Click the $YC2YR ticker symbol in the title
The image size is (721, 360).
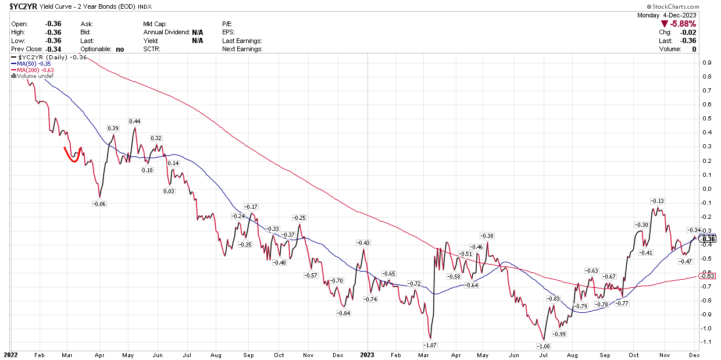pyautogui.click(x=19, y=6)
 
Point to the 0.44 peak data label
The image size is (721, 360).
pyautogui.click(x=135, y=122)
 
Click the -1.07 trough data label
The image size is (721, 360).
pyautogui.click(x=429, y=345)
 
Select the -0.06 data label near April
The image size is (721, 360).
pyautogui.click(x=99, y=204)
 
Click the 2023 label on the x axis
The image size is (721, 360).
pyautogui.click(x=367, y=354)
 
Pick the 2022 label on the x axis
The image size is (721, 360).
pyautogui.click(x=11, y=354)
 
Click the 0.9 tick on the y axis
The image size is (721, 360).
pyautogui.click(x=708, y=63)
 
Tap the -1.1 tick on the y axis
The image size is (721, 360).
pyautogui.click(x=706, y=342)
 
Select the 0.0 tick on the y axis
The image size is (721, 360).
pyautogui.click(x=708, y=188)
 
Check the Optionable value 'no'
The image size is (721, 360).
pyautogui.click(x=120, y=49)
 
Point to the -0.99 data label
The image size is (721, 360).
pyautogui.click(x=559, y=334)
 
